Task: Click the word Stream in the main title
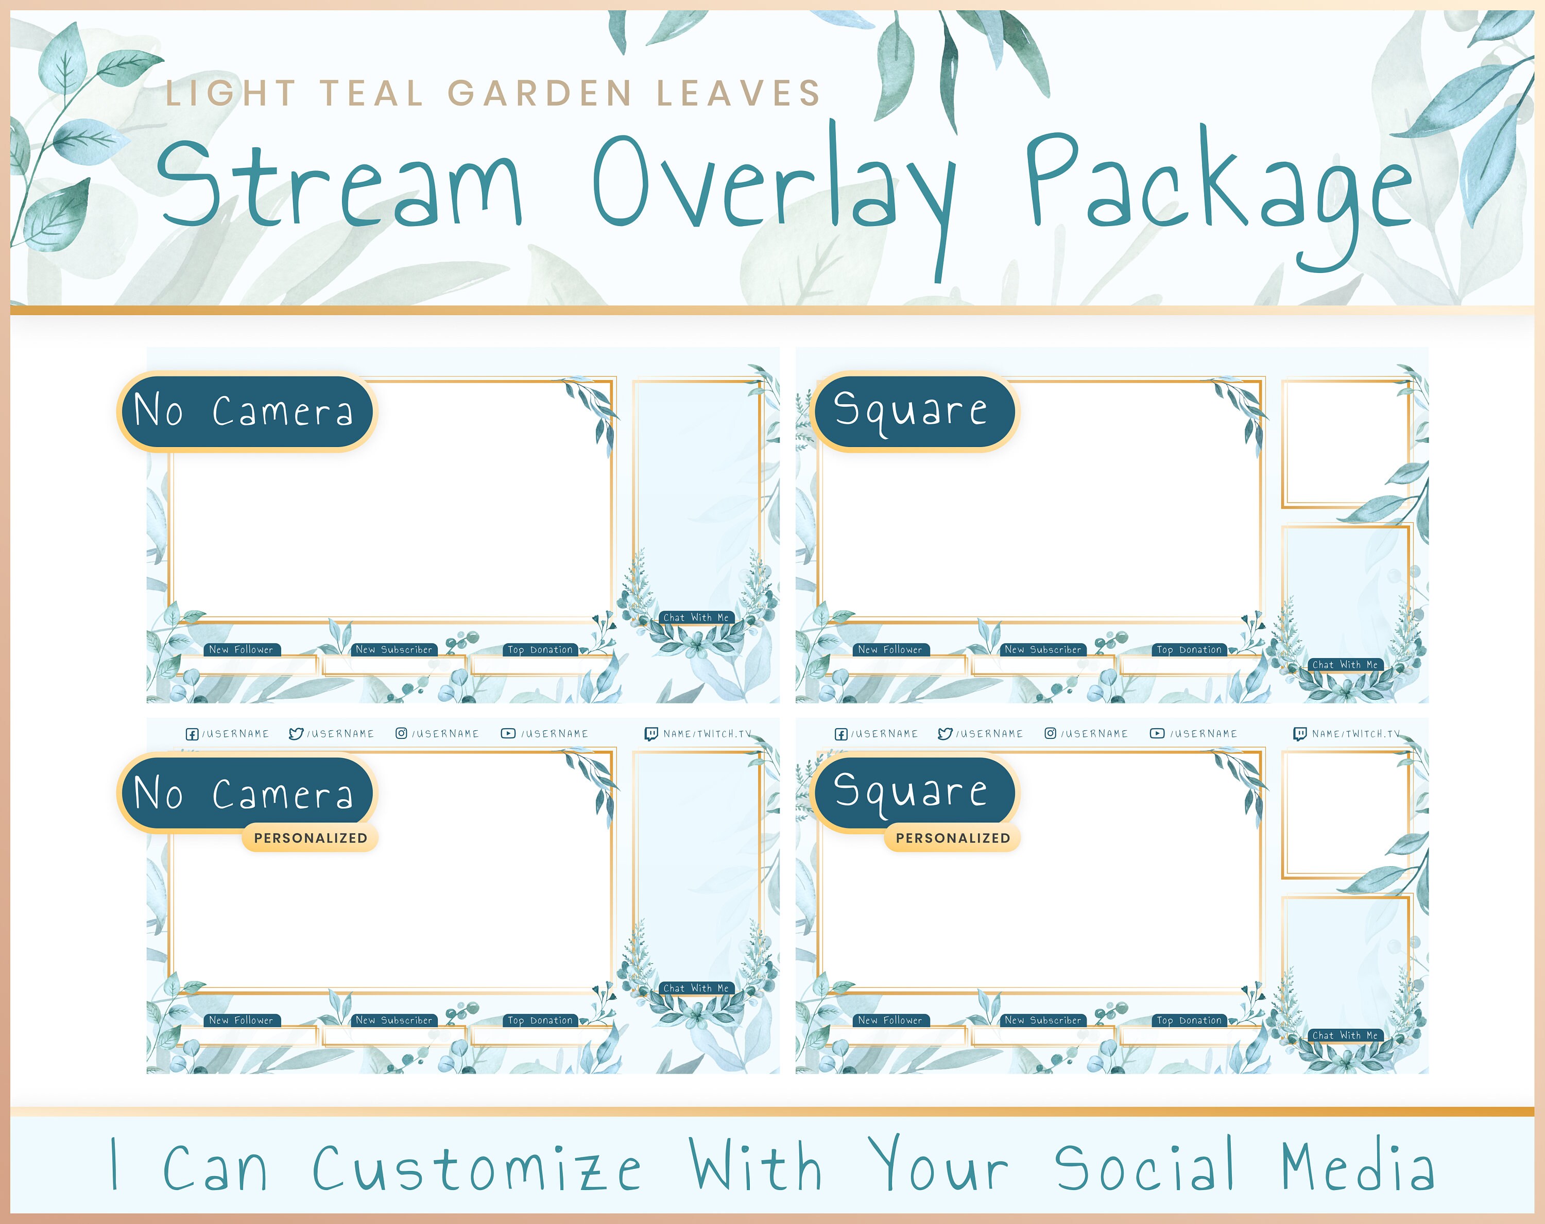pyautogui.click(x=340, y=183)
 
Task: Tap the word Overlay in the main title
pyautogui.click(x=774, y=183)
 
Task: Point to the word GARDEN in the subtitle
pyautogui.click(x=540, y=93)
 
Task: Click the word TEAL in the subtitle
pyautogui.click(x=371, y=93)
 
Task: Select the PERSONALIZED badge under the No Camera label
pyautogui.click(x=311, y=838)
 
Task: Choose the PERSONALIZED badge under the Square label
pyautogui.click(x=952, y=838)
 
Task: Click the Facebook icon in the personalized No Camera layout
pyautogui.click(x=192, y=734)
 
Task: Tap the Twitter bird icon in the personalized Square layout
pyautogui.click(x=945, y=734)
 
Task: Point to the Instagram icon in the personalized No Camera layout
pyautogui.click(x=401, y=733)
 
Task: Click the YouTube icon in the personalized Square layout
pyautogui.click(x=1157, y=733)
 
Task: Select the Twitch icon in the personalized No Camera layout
pyautogui.click(x=650, y=734)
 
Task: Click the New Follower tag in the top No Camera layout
pyautogui.click(x=242, y=650)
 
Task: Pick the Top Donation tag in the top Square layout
pyautogui.click(x=1189, y=650)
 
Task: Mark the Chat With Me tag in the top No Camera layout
pyautogui.click(x=696, y=618)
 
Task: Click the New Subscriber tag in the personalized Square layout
pyautogui.click(x=1043, y=1021)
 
